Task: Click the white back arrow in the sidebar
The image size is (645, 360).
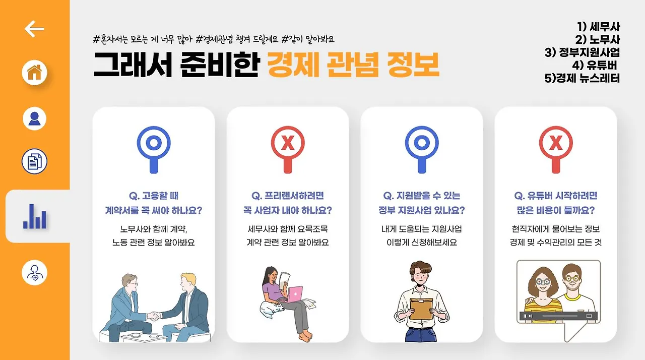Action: pos(34,29)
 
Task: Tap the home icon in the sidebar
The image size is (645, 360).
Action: pos(34,73)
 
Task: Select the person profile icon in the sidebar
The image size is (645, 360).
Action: pos(34,118)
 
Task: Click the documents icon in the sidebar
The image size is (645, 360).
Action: pos(34,162)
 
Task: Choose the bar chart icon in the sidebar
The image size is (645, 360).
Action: pos(35,216)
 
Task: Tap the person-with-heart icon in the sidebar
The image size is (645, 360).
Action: pos(34,273)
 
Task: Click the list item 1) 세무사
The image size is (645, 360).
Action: pos(598,27)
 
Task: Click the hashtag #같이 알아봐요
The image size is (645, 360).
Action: pos(308,39)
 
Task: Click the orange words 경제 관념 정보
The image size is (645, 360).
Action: pos(353,65)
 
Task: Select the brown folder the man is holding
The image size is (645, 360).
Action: pos(421,308)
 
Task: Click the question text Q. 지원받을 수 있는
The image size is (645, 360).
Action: pos(422,196)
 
